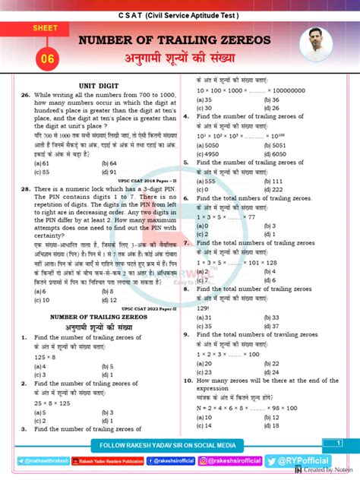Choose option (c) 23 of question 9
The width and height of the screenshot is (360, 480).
point(204,372)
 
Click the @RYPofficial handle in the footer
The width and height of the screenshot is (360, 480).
point(311,460)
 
